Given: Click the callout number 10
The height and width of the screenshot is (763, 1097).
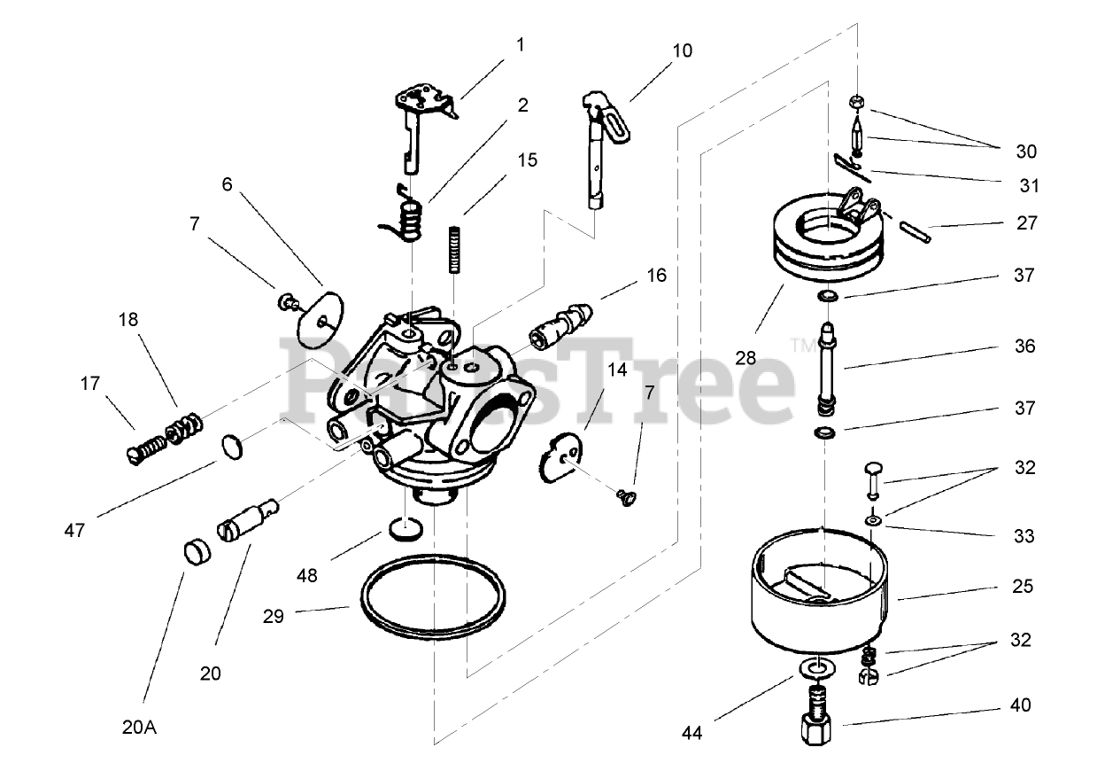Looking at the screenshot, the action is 681,51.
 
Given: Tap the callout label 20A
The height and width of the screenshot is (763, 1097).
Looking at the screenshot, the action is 139,728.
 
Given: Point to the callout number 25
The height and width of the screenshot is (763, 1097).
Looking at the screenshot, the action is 1022,586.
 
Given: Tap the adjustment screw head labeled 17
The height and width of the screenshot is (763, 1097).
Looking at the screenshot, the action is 134,455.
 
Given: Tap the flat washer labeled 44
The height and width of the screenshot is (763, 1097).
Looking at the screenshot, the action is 818,666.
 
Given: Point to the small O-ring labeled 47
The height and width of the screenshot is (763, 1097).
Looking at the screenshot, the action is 231,447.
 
